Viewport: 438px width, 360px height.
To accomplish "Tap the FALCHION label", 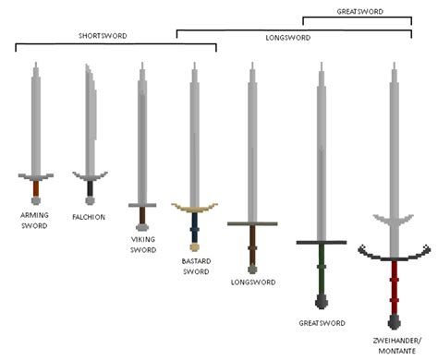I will click(x=89, y=217).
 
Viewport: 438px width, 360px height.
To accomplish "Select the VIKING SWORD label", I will click(x=142, y=244).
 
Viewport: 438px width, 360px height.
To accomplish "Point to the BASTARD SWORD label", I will click(x=195, y=266).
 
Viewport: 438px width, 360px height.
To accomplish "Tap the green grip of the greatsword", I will click(x=322, y=268).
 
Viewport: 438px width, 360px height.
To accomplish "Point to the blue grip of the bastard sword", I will click(x=194, y=227).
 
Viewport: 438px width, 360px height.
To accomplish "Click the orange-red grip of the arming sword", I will click(x=35, y=189).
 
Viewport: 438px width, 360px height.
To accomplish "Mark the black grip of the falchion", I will click(x=90, y=189).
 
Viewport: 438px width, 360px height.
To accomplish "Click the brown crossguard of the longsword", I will click(x=253, y=223).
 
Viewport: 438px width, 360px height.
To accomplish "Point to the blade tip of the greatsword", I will click(x=321, y=66).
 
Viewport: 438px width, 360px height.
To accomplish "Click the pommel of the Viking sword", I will click(x=142, y=223).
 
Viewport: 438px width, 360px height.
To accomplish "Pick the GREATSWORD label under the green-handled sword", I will click(x=322, y=323).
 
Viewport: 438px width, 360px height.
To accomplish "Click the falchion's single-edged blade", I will click(x=89, y=120).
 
